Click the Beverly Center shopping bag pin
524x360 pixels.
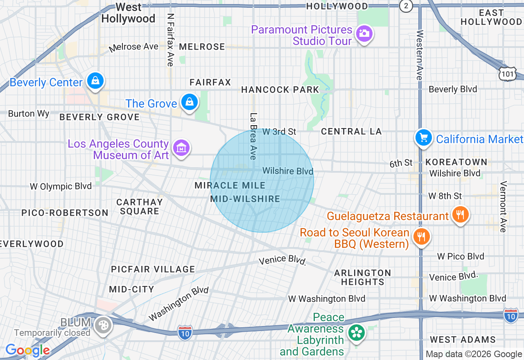[95, 81]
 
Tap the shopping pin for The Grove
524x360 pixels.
[190, 102]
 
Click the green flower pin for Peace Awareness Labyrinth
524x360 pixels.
[356, 333]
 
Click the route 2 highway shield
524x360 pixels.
[406, 6]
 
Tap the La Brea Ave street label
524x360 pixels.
[253, 136]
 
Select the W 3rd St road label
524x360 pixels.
[279, 132]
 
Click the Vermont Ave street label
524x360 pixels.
[503, 207]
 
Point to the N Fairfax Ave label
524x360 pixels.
[170, 40]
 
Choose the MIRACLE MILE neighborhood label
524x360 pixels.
[230, 185]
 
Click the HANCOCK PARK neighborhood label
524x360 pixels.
[280, 90]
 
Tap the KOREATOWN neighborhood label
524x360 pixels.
[456, 162]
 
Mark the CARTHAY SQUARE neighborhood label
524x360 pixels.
[139, 207]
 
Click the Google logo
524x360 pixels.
[27, 351]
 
